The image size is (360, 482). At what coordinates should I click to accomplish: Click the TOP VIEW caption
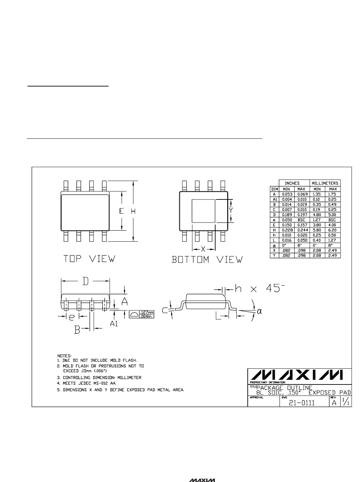point(89,259)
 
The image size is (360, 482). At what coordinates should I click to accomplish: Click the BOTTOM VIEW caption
point(207,260)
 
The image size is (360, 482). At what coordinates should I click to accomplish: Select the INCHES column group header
point(292,183)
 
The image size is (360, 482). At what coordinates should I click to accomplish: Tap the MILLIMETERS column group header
point(325,183)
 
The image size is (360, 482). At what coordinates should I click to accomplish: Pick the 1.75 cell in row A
point(332,194)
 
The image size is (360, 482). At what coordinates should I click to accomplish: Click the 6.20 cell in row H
point(332,230)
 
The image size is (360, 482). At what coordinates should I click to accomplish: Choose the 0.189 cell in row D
point(287,215)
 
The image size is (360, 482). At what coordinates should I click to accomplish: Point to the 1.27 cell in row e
point(316,220)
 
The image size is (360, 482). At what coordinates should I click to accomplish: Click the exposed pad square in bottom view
point(203,211)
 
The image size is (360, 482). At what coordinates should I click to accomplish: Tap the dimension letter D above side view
point(85,281)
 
